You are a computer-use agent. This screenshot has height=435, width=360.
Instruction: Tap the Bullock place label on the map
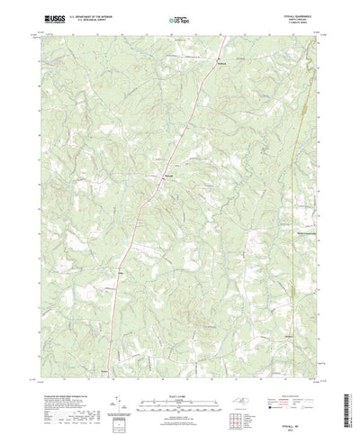tap(223, 64)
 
